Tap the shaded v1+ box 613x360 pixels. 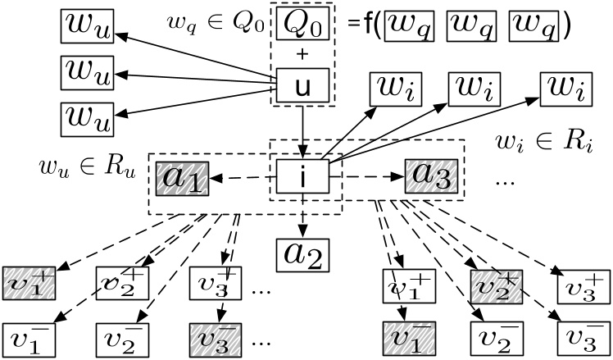[x=30, y=282]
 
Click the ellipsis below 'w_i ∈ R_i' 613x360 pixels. [x=505, y=181]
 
